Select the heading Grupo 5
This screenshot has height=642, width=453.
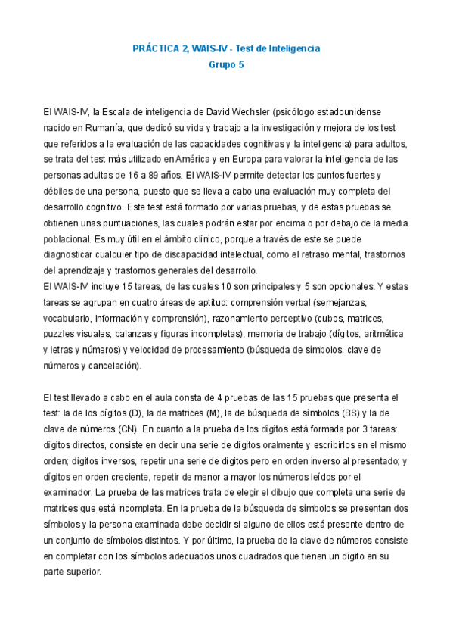pyautogui.click(x=226, y=64)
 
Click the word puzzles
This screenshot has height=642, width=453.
pyautogui.click(x=60, y=334)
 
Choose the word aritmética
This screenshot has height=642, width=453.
pyautogui.click(x=383, y=334)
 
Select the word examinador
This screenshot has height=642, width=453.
pyautogui.click(x=70, y=493)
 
